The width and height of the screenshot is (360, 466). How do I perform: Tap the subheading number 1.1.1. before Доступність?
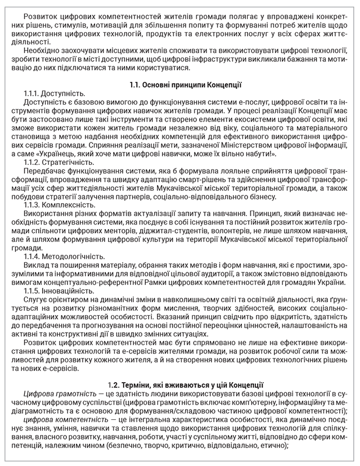[33, 93]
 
